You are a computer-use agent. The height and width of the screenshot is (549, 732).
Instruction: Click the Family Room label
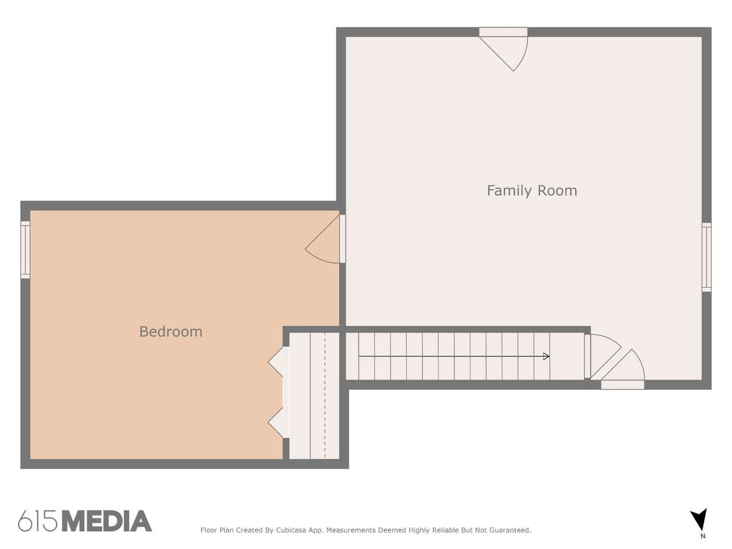[x=532, y=191]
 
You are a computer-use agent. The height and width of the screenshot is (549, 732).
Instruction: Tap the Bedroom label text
[x=171, y=332]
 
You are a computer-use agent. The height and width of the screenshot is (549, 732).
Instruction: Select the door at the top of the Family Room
[x=504, y=49]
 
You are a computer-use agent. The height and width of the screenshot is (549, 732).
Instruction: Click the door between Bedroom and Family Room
[x=325, y=239]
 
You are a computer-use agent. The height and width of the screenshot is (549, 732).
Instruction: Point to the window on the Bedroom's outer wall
[x=26, y=249]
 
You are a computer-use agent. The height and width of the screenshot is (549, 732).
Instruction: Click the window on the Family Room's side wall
[x=706, y=257]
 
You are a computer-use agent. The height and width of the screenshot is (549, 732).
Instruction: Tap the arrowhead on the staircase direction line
[x=546, y=356]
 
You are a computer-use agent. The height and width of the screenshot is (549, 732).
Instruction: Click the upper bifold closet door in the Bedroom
[x=278, y=362]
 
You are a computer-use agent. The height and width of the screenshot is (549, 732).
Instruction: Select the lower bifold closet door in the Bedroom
[x=278, y=423]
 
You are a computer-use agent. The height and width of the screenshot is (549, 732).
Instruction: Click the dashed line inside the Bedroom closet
[x=325, y=396]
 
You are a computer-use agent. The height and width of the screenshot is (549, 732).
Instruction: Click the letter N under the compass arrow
[x=703, y=536]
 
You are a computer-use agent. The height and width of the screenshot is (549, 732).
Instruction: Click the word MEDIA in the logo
[x=107, y=521]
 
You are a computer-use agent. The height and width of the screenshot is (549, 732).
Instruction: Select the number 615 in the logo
[x=38, y=521]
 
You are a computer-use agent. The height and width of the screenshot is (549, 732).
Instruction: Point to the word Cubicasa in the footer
[x=291, y=530]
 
